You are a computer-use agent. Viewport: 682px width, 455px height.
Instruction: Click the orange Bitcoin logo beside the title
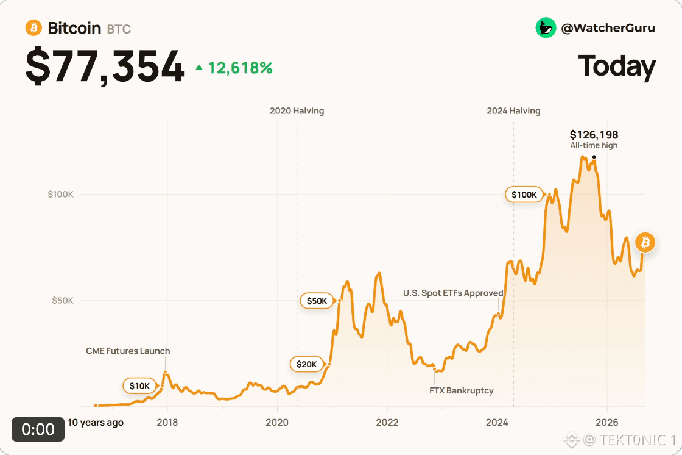coord(33,28)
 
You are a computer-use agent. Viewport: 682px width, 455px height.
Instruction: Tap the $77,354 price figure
coord(105,66)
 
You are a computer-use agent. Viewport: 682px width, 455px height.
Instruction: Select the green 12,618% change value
coord(240,68)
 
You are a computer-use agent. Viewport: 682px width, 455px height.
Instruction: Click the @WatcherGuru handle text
coord(608,28)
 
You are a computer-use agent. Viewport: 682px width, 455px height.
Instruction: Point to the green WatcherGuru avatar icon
coord(546,28)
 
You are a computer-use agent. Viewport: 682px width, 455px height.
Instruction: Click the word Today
coord(617,66)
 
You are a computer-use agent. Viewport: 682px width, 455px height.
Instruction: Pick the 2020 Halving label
coord(297,110)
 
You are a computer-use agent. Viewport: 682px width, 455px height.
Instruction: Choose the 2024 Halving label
coord(513,110)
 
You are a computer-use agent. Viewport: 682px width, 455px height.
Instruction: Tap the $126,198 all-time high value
coord(594,135)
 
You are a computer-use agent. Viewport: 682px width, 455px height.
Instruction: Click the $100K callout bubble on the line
coord(524,195)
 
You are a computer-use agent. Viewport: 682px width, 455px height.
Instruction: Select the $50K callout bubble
coord(317,301)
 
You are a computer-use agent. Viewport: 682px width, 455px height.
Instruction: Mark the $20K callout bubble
coord(307,364)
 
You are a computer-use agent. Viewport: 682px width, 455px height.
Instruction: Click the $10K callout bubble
coord(139,385)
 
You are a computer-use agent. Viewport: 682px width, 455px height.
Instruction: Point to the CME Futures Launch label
coord(128,351)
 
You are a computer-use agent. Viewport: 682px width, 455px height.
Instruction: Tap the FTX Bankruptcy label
coord(462,390)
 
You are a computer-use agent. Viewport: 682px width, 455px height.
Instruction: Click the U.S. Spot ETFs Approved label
coord(453,293)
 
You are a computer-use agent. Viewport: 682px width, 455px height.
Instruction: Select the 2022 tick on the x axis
coord(387,422)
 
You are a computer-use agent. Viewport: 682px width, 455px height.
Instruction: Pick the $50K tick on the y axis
coord(63,301)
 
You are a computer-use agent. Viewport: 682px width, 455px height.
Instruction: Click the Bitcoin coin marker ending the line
coord(645,242)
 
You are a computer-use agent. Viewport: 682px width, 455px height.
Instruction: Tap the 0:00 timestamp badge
coord(38,429)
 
